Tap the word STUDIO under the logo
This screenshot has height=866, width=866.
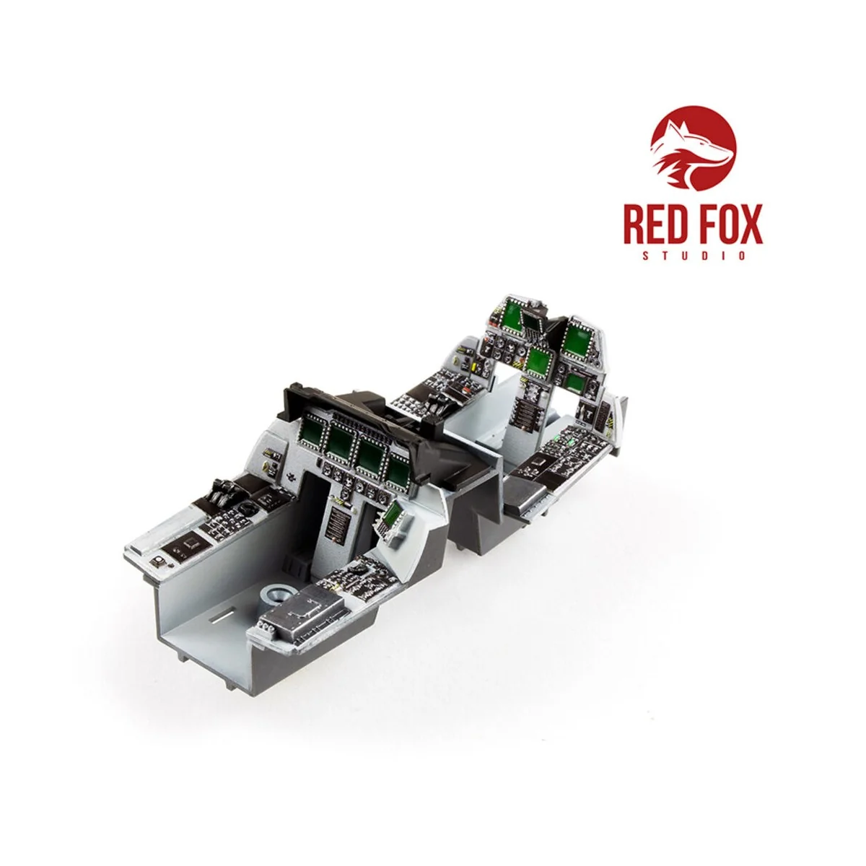(x=695, y=256)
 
